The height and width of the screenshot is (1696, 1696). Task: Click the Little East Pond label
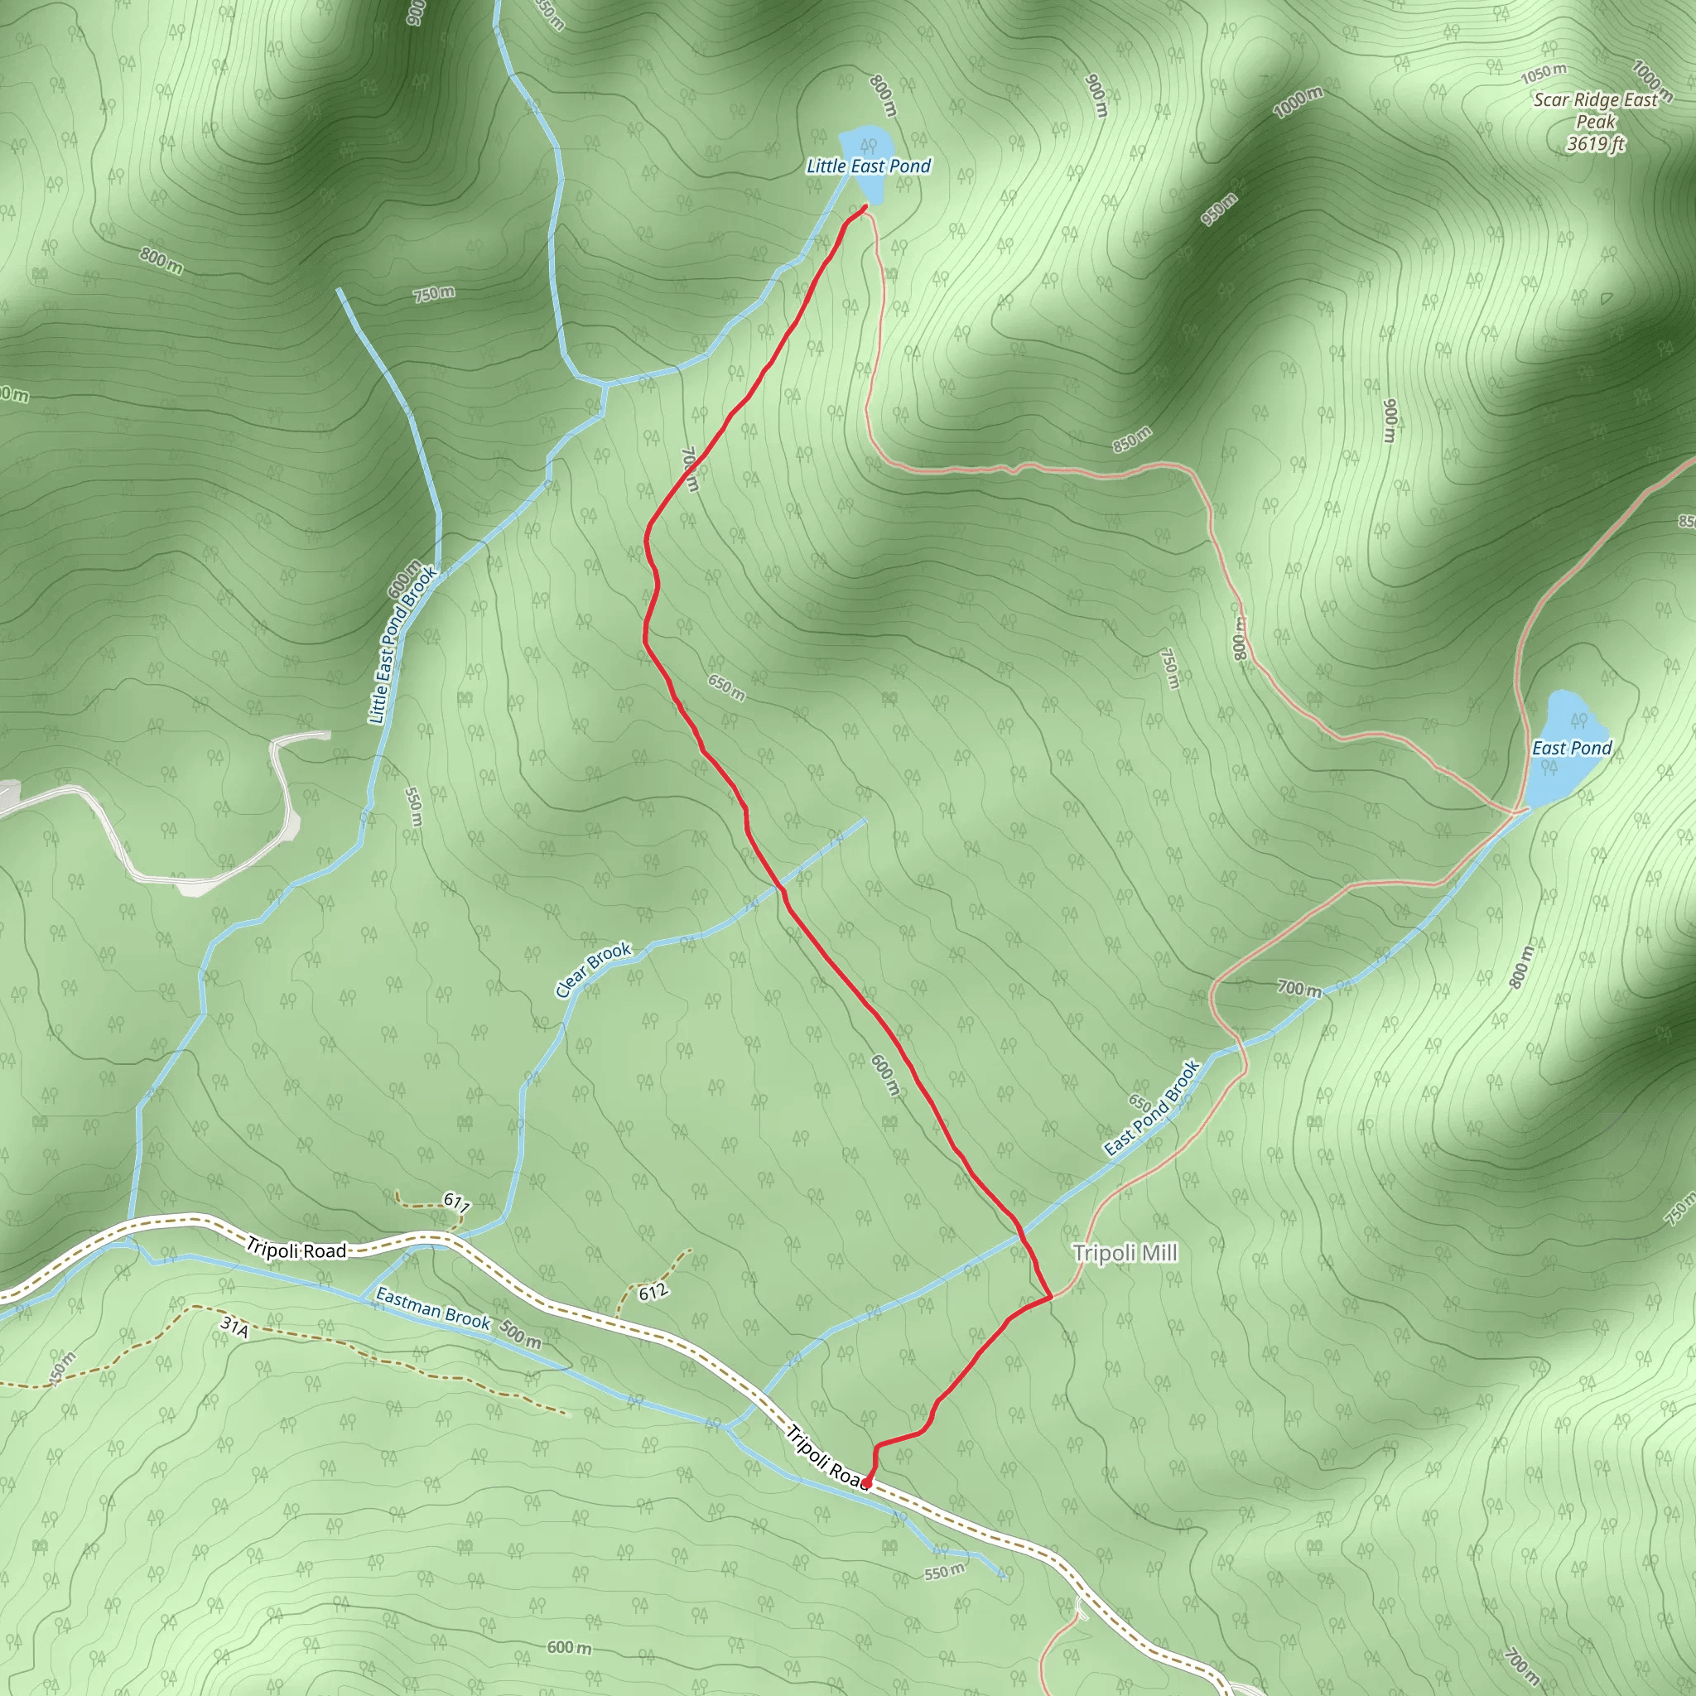868,166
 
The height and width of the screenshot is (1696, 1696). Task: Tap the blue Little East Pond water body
864,142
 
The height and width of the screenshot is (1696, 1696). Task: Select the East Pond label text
1571,748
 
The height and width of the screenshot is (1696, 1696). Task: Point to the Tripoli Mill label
1125,1253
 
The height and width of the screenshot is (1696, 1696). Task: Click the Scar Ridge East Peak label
1595,122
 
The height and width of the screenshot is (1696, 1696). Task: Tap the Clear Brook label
594,969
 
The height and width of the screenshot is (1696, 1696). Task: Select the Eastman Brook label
433,1308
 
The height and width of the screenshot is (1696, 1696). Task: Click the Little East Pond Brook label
402,645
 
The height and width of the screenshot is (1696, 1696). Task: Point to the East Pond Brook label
1153,1108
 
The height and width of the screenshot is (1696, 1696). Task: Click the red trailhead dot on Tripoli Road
865,1482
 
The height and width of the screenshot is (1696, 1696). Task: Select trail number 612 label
653,1292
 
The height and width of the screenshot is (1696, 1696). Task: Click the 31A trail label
235,1326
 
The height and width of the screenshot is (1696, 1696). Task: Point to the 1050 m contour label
1544,73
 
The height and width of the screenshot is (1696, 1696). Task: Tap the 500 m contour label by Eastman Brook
520,1334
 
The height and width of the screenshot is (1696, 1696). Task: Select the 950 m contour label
1219,208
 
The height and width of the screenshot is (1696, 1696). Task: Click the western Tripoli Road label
296,1249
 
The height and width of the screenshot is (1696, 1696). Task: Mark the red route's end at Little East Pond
865,206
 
